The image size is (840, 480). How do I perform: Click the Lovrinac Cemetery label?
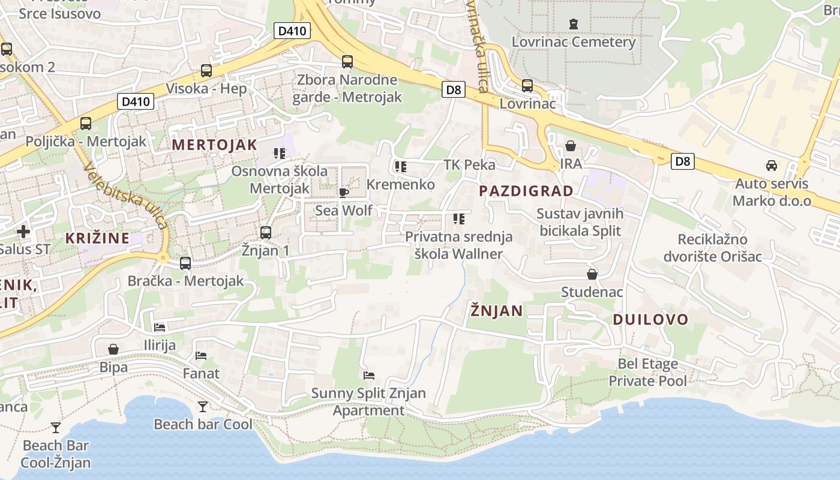click(573, 42)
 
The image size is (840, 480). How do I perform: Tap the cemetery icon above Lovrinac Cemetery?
click(574, 24)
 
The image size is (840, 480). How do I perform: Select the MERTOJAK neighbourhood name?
click(215, 145)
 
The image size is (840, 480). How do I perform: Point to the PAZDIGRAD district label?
click(526, 191)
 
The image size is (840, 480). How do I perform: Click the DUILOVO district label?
click(650, 319)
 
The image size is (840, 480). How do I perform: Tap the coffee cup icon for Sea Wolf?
click(343, 193)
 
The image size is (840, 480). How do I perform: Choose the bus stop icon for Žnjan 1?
click(265, 232)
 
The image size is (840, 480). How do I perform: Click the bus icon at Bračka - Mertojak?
click(185, 263)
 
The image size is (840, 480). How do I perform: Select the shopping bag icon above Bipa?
click(113, 349)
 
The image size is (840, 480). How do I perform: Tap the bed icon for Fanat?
click(201, 356)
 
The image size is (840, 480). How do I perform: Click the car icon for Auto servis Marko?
click(772, 166)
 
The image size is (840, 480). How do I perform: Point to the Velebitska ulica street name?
click(126, 196)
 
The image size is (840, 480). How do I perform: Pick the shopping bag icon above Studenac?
click(592, 274)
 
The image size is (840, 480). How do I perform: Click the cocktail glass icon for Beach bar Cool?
click(203, 407)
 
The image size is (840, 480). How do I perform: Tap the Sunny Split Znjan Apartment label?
click(368, 402)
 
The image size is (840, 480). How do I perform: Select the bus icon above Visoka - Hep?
click(206, 71)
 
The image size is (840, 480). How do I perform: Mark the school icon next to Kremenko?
click(401, 166)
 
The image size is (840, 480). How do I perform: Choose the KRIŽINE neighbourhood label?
click(97, 238)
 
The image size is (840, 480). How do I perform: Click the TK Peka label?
click(469, 165)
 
